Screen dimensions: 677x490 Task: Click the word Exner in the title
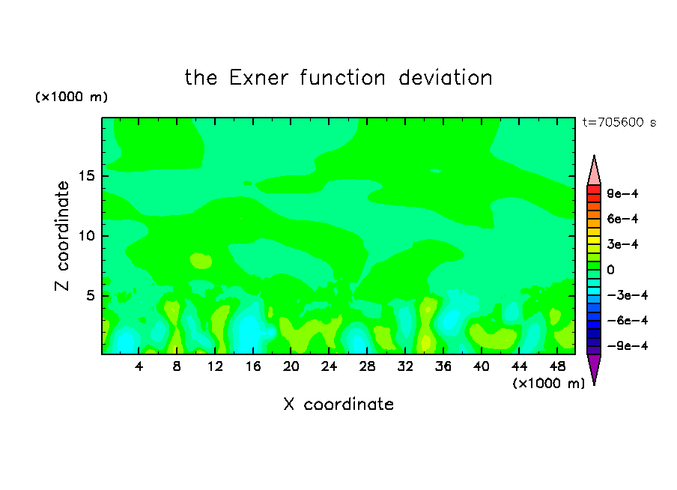(x=258, y=78)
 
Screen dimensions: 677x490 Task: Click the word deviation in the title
(x=445, y=78)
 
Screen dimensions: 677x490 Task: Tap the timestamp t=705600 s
(x=619, y=122)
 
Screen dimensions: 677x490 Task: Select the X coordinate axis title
(x=338, y=404)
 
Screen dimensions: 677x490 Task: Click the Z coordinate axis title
(x=62, y=236)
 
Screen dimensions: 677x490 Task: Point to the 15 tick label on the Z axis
(x=86, y=176)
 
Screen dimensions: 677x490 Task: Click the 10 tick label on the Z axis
(x=86, y=235)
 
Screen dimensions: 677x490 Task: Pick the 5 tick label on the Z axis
(x=90, y=295)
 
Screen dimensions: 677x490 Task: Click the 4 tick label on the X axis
(x=139, y=366)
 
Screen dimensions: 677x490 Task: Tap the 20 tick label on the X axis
(x=291, y=366)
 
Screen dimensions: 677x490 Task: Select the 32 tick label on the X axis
(x=405, y=366)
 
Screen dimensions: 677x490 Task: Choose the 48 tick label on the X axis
(x=557, y=366)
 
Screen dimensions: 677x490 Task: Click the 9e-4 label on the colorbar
(x=622, y=193)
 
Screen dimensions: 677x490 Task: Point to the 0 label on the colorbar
(x=610, y=270)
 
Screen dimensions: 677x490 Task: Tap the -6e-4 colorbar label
(x=628, y=321)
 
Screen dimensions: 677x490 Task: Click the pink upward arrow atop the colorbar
(x=594, y=170)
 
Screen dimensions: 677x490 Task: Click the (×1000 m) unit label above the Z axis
(x=71, y=97)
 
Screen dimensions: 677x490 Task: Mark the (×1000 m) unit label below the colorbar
(x=548, y=384)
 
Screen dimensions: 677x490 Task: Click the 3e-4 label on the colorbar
(x=622, y=244)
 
